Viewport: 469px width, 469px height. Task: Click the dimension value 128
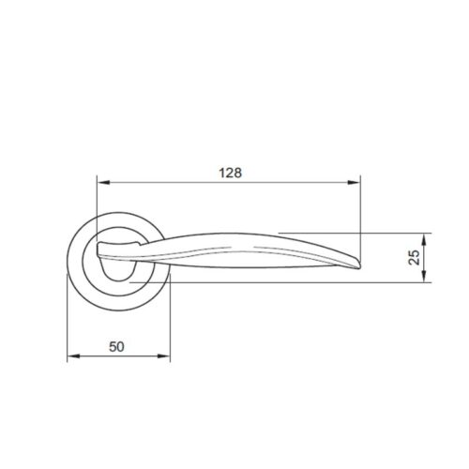coord(231,172)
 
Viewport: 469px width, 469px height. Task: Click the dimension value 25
coord(414,257)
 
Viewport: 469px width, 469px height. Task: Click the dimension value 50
coord(117,345)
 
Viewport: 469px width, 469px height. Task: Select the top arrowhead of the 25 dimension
coord(426,235)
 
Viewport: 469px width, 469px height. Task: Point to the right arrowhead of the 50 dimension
coord(169,356)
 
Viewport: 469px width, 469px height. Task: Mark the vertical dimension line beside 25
coord(426,257)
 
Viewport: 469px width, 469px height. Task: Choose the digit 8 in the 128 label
coord(239,172)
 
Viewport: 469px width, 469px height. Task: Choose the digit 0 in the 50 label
coord(122,345)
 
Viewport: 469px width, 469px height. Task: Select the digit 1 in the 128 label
coord(222,172)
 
